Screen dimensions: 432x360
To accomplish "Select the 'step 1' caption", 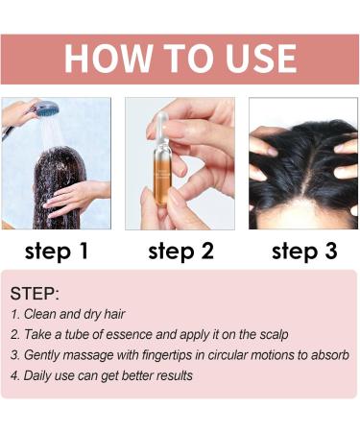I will (x=56, y=252).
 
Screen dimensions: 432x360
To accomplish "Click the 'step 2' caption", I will (x=180, y=252).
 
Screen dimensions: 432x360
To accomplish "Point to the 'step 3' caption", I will (x=303, y=252).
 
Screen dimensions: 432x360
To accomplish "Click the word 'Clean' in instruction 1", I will (x=42, y=315).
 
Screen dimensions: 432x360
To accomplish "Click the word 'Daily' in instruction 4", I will (x=39, y=375).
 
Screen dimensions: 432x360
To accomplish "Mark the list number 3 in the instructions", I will (x=14, y=355).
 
